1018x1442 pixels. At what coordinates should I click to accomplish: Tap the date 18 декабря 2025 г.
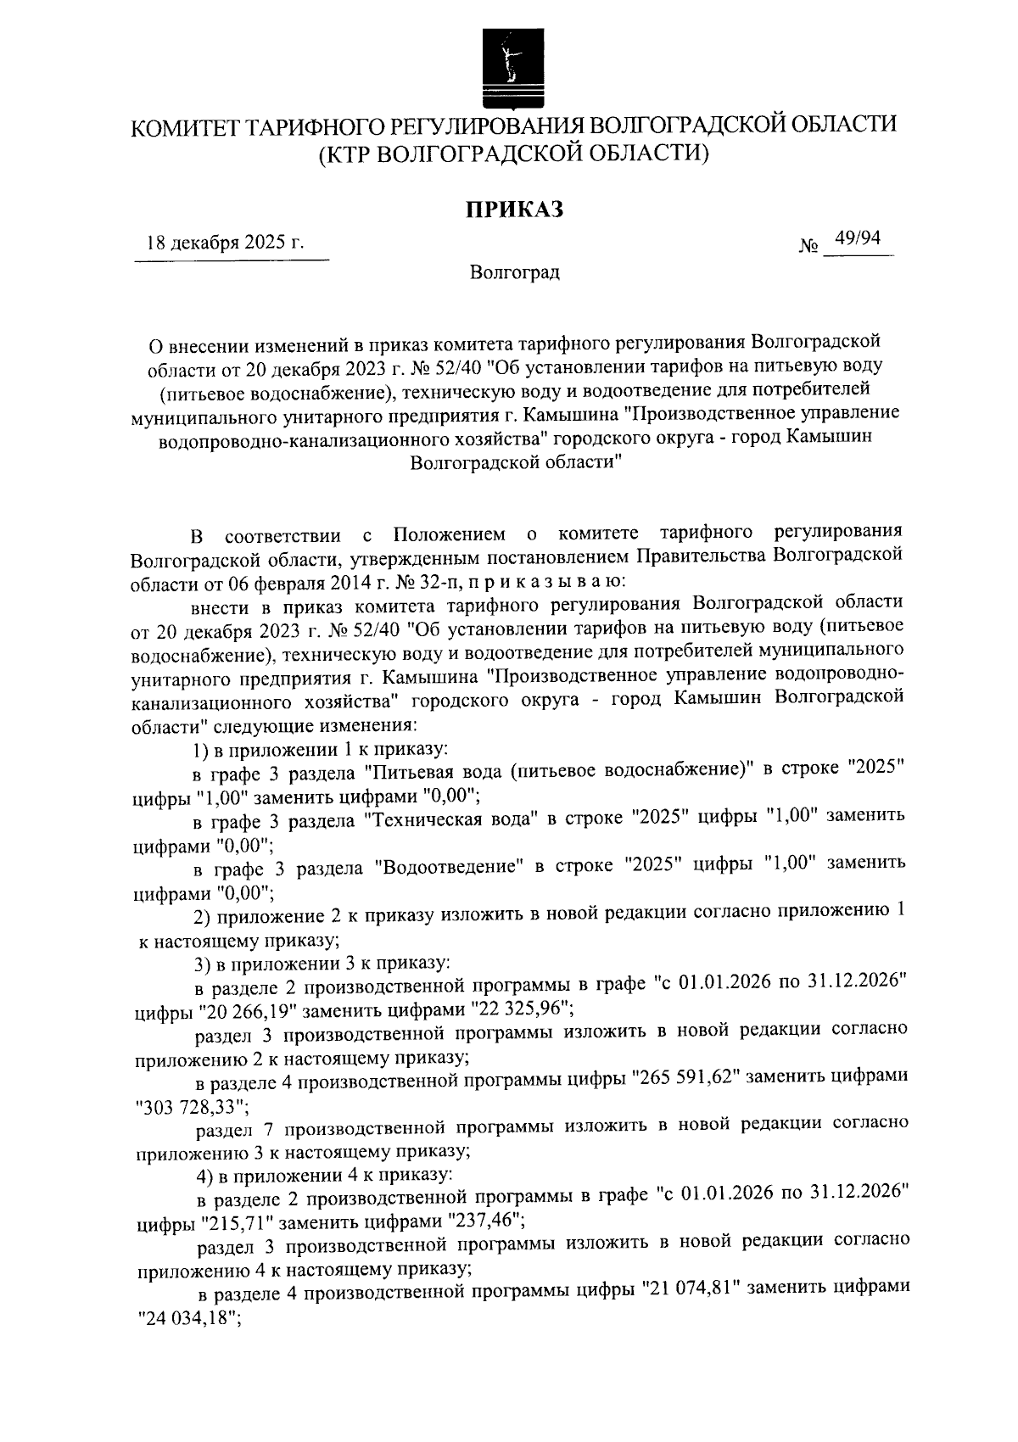pyautogui.click(x=226, y=243)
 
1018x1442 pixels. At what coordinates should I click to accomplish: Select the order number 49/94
pyautogui.click(x=858, y=239)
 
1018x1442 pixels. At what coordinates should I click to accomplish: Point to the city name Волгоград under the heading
pyautogui.click(x=515, y=273)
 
